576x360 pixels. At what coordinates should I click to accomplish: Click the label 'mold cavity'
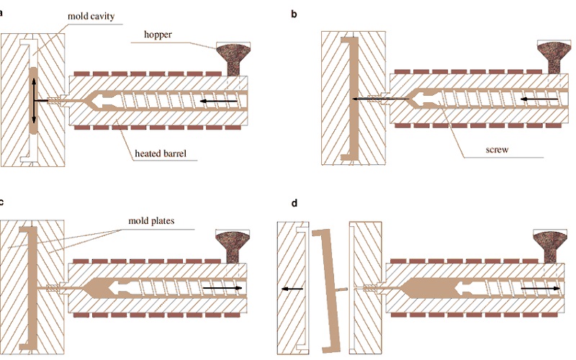91,16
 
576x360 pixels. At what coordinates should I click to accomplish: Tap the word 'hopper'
158,35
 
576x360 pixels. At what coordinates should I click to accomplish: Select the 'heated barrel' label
161,153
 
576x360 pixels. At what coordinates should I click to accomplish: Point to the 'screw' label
497,150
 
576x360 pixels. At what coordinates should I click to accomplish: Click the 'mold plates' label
151,221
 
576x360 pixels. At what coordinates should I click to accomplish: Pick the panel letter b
294,14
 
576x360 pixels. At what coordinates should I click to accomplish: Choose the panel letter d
294,203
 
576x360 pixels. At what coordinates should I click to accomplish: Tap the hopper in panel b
554,56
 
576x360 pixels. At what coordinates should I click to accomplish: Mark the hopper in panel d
550,246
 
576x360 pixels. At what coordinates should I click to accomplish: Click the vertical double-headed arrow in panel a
34,101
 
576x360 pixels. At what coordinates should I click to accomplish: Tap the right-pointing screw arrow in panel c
222,288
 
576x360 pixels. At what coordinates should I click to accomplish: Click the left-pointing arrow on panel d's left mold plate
292,289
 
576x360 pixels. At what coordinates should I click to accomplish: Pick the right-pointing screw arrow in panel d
541,289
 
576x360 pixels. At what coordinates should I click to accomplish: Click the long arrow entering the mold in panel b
380,99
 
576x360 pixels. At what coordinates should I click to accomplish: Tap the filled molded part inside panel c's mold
32,289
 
